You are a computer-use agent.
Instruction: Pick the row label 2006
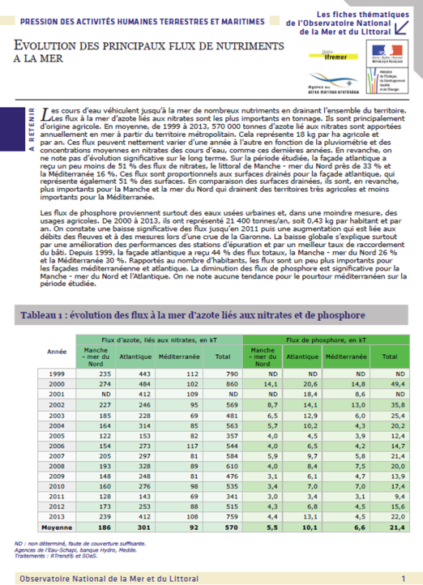[58, 445]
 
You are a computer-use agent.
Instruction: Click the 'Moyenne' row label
[58, 527]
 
